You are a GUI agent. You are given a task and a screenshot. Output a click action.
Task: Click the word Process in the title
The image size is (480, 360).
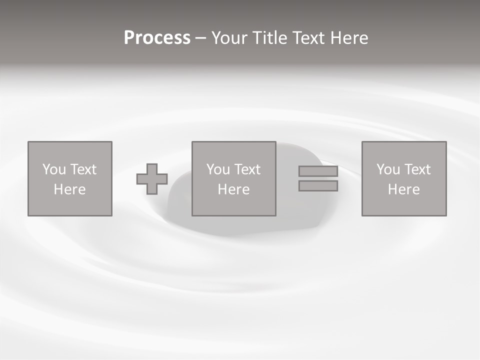coord(157,38)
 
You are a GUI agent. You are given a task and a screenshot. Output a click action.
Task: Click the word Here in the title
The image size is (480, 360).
coord(349,38)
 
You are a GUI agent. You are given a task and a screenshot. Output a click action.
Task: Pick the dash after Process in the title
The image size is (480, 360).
coord(201,38)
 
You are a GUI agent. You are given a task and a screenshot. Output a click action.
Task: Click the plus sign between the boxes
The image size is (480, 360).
coord(152,179)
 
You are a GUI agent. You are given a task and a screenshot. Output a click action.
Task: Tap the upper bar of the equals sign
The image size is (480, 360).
coord(318,171)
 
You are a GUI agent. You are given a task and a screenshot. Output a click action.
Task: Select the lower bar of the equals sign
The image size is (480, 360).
coord(318,186)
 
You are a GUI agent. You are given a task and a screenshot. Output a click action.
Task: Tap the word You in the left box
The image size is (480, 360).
coord(54,169)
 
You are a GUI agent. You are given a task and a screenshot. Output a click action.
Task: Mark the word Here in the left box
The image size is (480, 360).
coord(69,189)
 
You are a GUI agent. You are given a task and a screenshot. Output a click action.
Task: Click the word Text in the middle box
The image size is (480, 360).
coord(247,169)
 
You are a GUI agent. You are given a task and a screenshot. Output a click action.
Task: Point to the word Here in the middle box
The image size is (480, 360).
coord(233,189)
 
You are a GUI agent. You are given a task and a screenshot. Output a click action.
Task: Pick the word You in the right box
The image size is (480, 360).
coord(388,169)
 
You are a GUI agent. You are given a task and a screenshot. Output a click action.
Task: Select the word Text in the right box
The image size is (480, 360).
coord(417,169)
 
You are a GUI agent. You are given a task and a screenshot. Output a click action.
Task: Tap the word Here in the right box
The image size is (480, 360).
coord(403,189)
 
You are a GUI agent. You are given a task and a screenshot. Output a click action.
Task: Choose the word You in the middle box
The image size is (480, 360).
coord(218,169)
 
